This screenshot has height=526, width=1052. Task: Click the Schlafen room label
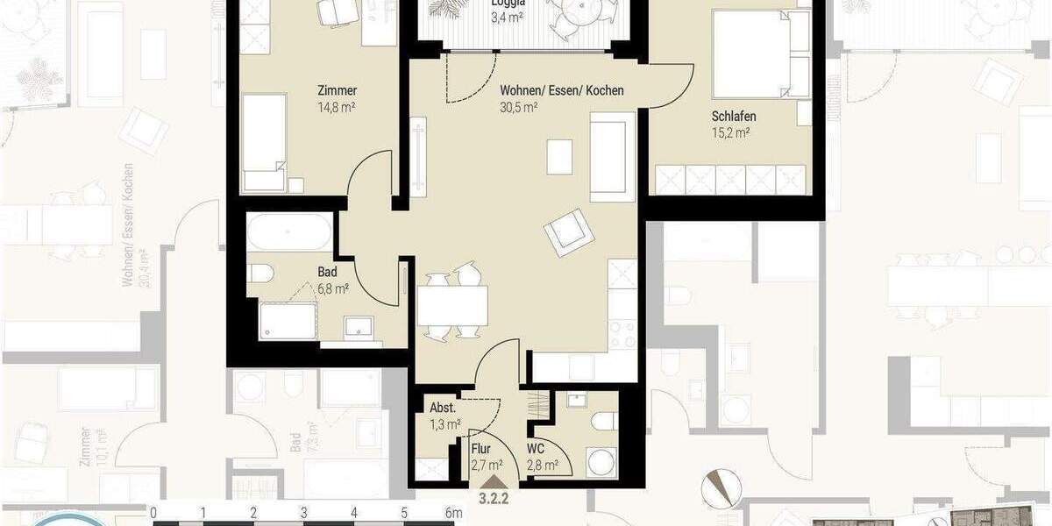coord(734,117)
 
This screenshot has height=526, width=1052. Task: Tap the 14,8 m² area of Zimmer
coord(337,109)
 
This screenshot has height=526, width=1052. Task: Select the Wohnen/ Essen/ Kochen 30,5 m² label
coord(561,99)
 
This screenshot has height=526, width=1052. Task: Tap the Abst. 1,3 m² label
coord(445,416)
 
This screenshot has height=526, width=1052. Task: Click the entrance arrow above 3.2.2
coord(494,480)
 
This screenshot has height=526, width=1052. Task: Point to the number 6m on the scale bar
coord(453,513)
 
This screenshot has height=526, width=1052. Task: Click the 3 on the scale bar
coord(303,513)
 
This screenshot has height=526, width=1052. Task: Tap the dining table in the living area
coord(452,306)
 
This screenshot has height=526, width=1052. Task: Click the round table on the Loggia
coord(579,14)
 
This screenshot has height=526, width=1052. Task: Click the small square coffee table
coord(559,157)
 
